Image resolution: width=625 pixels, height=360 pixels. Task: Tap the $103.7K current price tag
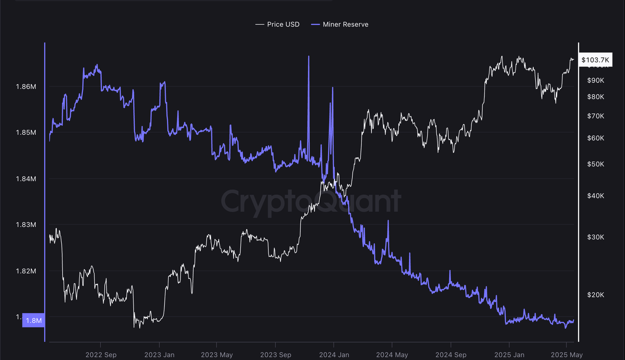point(595,60)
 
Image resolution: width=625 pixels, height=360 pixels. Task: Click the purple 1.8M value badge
point(34,321)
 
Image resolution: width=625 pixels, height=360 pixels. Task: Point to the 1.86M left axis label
point(26,86)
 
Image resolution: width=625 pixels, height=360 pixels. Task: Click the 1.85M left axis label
point(26,132)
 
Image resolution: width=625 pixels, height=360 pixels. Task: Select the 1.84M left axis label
point(26,179)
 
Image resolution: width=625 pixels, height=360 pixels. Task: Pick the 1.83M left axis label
point(26,225)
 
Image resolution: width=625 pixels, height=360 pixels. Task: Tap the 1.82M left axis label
point(26,271)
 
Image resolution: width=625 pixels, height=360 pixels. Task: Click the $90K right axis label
point(595,80)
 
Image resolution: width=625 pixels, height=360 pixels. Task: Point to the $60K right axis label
point(595,138)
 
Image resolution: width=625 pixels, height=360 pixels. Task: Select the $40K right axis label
point(595,196)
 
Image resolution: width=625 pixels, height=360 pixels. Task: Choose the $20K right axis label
point(595,295)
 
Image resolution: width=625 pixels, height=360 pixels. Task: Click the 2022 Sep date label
point(101,355)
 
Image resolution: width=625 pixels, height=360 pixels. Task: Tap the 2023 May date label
point(217,355)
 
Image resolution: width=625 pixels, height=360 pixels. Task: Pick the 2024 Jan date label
point(334,355)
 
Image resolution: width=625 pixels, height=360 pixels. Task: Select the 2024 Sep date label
point(451,355)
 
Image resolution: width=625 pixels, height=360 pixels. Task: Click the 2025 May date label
point(566,355)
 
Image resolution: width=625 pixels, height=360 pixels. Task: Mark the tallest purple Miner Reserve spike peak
point(309,57)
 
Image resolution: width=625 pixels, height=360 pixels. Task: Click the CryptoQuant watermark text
point(311,201)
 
